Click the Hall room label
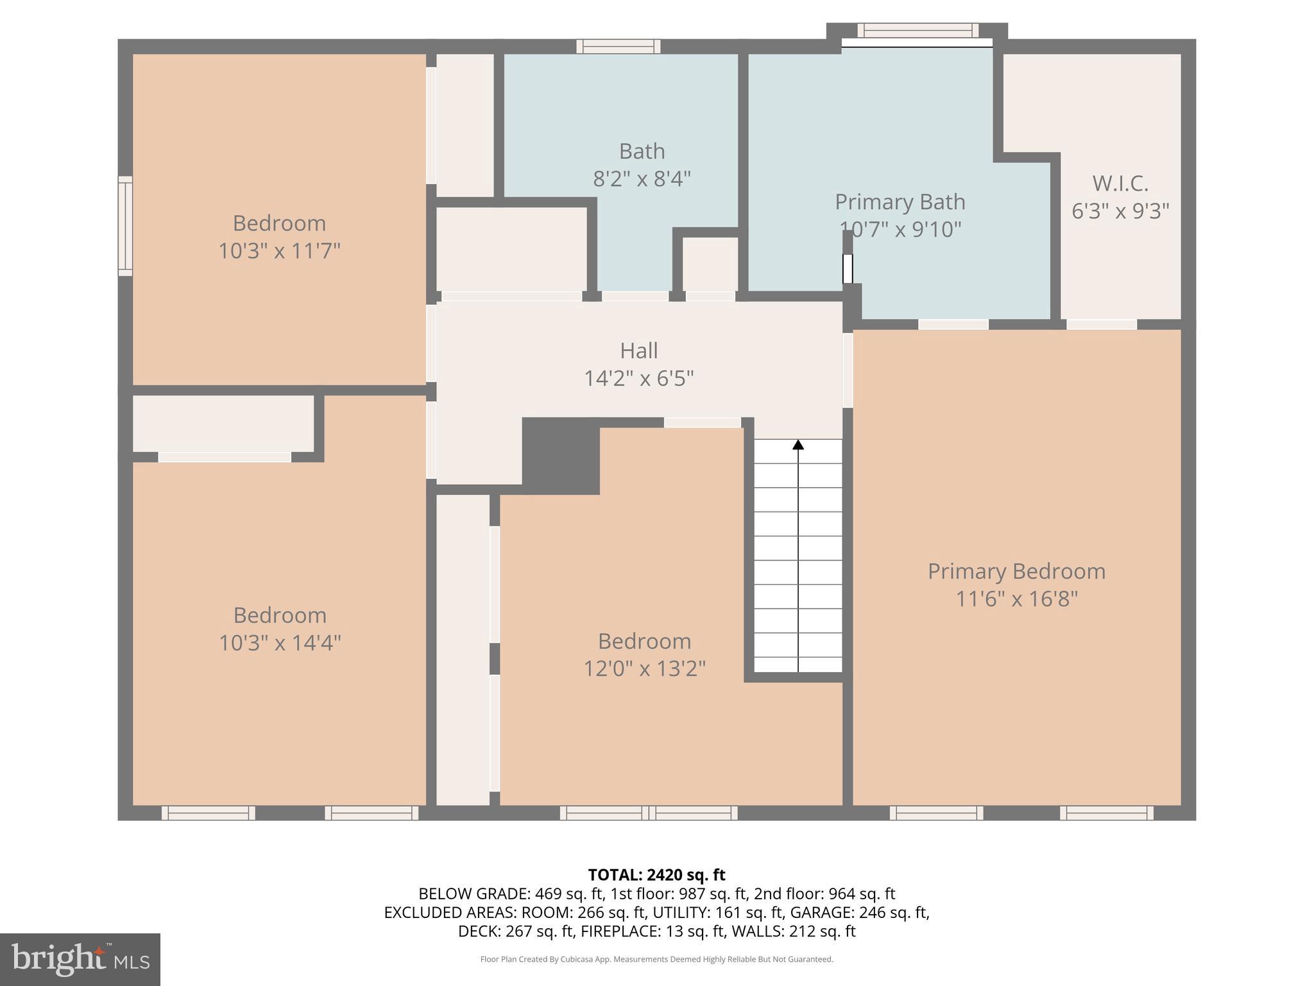point(638,350)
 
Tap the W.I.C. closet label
point(1120,184)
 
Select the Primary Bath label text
point(900,202)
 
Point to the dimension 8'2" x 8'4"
point(642,178)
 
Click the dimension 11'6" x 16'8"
point(1016,599)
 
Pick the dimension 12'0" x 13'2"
point(644,669)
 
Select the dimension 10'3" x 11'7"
point(279,250)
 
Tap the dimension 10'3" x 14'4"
point(280,643)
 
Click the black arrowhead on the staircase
point(798,444)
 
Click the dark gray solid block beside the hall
point(560,455)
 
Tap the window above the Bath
point(618,46)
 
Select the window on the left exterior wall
point(125,226)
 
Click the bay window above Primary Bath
point(917,30)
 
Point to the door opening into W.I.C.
point(1101,325)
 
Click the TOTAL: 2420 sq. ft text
point(656,875)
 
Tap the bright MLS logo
point(80,959)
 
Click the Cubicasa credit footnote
point(656,959)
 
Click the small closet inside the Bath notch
point(710,264)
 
